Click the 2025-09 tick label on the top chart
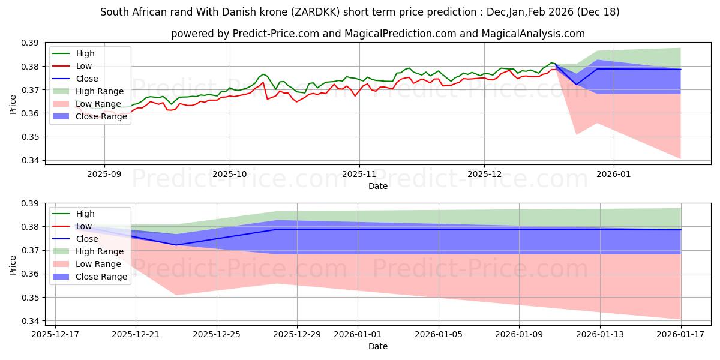pyautogui.click(x=104, y=174)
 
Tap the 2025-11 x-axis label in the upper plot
pyautogui.click(x=359, y=174)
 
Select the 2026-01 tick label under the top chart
pyautogui.click(x=614, y=174)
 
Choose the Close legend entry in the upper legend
pyautogui.click(x=88, y=79)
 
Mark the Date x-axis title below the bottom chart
pyautogui.click(x=378, y=346)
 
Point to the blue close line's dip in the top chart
pyautogui.click(x=577, y=84)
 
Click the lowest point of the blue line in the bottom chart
pyautogui.click(x=176, y=245)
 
